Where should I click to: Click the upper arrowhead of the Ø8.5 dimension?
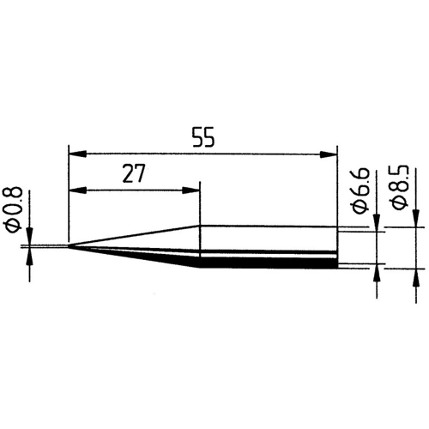pos(417,220)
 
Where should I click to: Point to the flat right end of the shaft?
pos(335,247)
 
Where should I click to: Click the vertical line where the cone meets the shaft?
pos(200,246)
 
